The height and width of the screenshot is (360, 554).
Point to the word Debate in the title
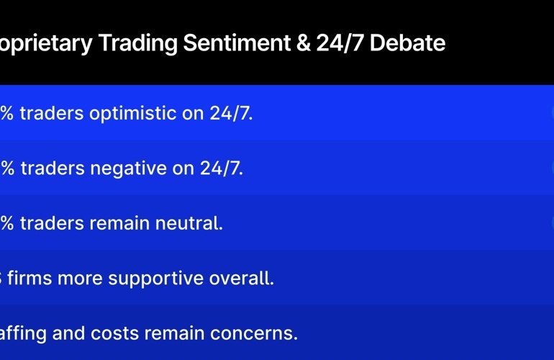pos(413,44)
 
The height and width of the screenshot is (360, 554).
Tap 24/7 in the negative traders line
pos(222,168)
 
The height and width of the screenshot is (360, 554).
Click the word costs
pos(130,333)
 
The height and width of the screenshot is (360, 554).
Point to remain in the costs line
pos(191,333)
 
